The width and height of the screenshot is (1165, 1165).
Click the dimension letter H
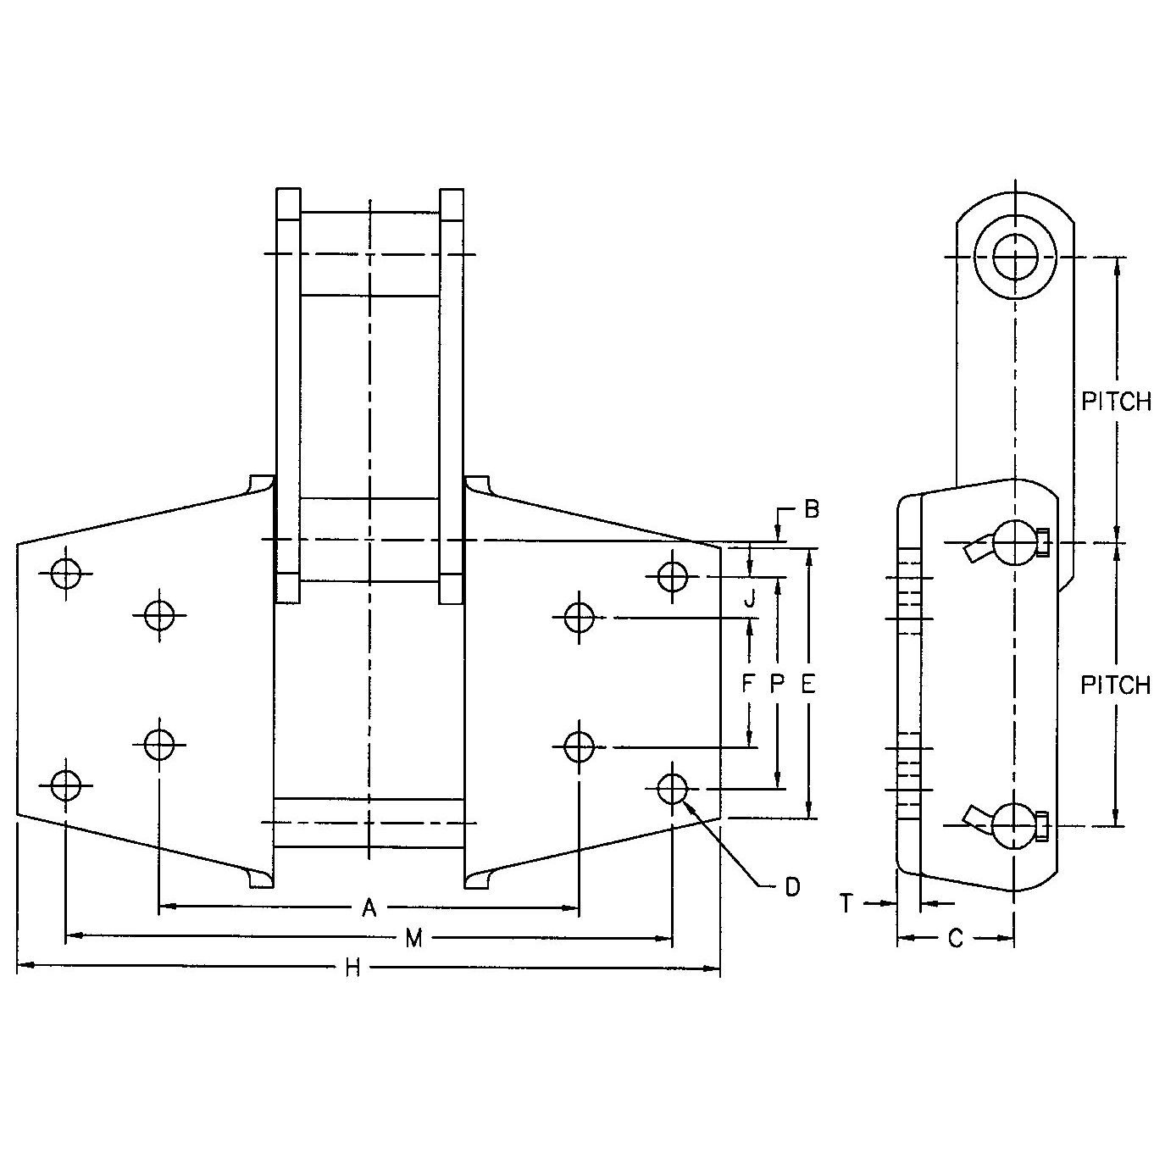[353, 968]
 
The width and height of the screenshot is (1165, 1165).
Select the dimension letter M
[413, 938]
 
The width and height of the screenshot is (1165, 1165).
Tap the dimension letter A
[369, 908]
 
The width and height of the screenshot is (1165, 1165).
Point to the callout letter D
[791, 887]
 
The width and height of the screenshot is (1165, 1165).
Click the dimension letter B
[811, 510]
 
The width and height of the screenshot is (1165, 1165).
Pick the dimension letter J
[748, 601]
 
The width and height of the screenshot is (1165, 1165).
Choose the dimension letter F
[747, 683]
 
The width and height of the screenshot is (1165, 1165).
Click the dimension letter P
[778, 683]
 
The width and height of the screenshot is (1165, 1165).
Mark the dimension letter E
[807, 683]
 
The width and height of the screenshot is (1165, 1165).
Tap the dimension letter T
[846, 904]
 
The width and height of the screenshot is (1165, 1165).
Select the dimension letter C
[955, 938]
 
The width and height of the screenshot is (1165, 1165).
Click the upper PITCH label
[1116, 402]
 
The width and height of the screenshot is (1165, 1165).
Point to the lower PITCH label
[1116, 685]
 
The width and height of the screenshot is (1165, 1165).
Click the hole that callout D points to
[672, 788]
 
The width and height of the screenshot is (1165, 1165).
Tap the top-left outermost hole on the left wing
[65, 574]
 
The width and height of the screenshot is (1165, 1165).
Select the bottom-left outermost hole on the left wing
[65, 785]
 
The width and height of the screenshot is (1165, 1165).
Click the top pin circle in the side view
[1014, 255]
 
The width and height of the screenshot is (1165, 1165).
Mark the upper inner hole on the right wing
[579, 618]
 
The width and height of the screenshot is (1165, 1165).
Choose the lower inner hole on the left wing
[159, 744]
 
